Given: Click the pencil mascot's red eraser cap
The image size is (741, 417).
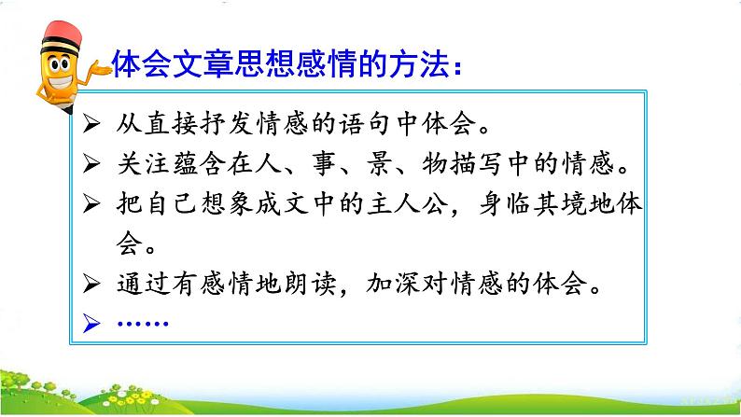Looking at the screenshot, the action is coord(63,32).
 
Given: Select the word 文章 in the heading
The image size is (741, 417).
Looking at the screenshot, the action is coord(203,63).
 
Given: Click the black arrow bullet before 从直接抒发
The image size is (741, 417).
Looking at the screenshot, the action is coord(91,124).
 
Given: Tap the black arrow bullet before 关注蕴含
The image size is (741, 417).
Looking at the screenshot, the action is coord(91,163).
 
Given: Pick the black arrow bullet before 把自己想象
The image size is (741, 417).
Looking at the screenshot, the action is coord(91,203).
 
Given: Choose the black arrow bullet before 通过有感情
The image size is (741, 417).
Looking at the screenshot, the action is coord(91,284).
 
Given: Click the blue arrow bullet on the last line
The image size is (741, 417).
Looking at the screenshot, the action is coord(91,323).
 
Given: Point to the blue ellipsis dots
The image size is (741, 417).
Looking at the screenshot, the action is coord(143,324).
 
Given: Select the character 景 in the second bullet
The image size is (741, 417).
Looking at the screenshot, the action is coord(379,164).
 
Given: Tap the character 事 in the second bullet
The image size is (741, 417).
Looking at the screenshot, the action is coord(324,164).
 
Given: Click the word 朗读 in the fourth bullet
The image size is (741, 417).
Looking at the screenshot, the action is coord(310,284).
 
